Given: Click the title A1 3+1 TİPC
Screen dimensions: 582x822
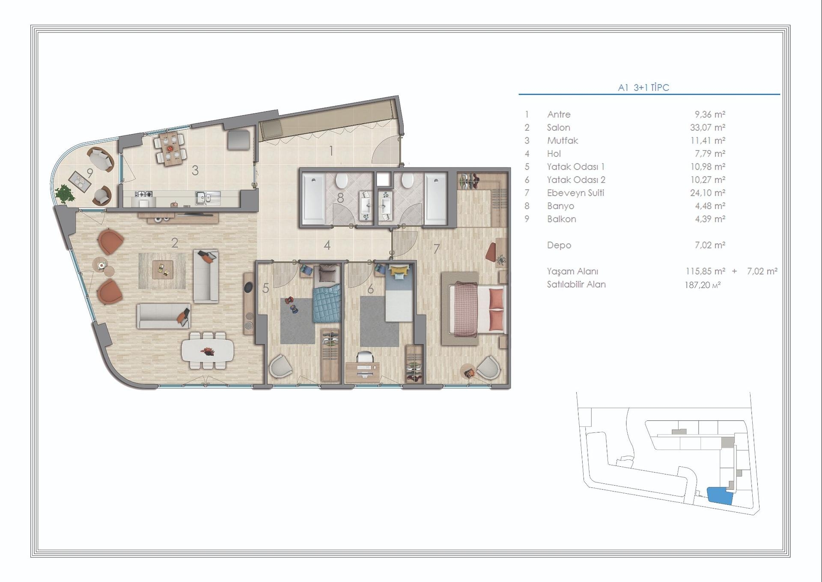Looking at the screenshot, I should point(643,87).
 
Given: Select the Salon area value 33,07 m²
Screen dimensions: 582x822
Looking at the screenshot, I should point(707,127).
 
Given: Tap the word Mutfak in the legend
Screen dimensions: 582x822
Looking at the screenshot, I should point(562,141).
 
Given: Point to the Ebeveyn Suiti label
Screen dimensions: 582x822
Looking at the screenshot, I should point(575,193).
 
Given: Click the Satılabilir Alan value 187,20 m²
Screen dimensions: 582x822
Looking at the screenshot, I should point(702,285).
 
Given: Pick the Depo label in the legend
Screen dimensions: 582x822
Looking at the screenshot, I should point(559,245).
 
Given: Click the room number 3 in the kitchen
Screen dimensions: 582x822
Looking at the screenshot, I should point(195,171).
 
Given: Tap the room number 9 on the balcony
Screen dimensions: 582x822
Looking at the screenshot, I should point(90,173).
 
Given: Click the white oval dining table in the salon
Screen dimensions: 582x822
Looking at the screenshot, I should point(208,351).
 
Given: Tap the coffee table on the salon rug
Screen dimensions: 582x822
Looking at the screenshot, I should point(163,270).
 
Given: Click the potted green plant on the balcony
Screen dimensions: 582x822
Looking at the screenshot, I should point(64,194).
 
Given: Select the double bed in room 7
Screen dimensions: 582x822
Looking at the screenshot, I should point(476,309).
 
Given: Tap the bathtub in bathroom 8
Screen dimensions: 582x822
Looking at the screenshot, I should point(313,198).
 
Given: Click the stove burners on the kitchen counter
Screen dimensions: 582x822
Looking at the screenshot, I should point(143,194).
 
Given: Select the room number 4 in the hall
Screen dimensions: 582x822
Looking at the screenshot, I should point(327,245).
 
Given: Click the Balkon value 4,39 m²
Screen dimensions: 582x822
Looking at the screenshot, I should point(709,219).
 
